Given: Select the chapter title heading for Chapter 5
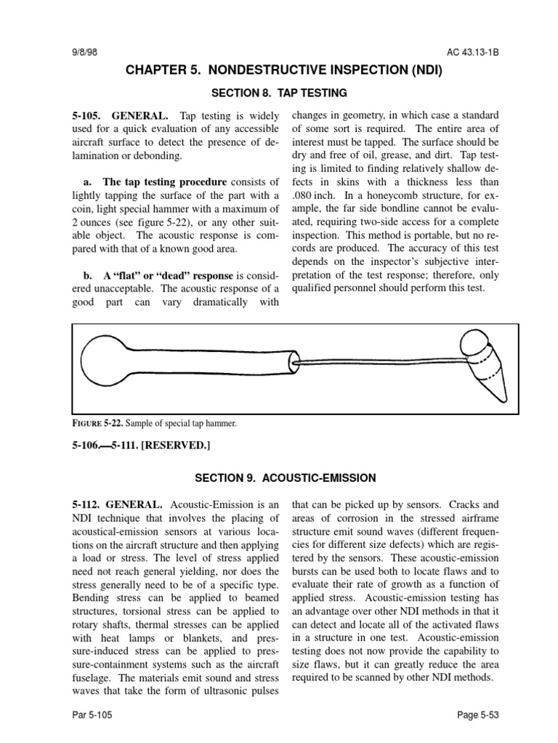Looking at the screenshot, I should point(283,71).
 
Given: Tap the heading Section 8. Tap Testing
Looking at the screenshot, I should point(278,93).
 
